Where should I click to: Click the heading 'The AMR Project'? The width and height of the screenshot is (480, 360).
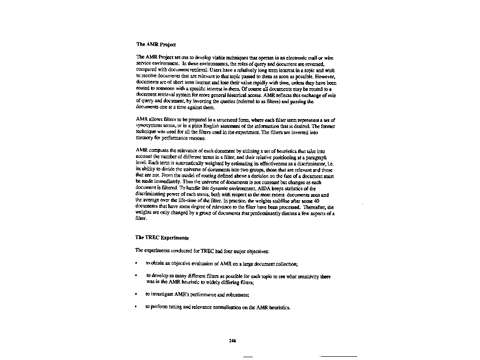[156, 45]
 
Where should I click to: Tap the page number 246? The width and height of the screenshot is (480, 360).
[232, 341]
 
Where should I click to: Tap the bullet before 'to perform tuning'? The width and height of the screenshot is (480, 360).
[136, 308]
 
